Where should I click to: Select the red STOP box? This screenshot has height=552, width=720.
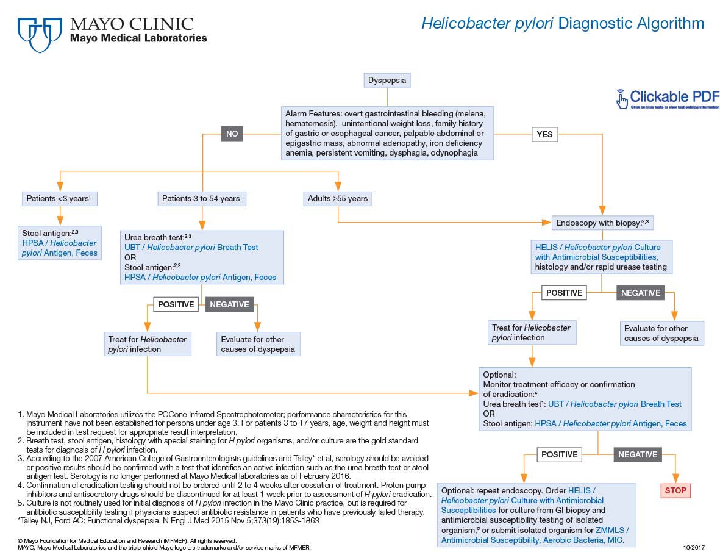[x=675, y=490]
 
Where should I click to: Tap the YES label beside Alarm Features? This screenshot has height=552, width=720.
[x=544, y=134]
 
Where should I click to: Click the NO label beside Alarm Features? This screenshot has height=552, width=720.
[x=232, y=134]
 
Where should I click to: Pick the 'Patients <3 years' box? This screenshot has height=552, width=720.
[x=59, y=198]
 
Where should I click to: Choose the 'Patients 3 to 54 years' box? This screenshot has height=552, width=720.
[x=201, y=198]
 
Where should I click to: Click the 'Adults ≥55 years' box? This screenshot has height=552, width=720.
[x=337, y=198]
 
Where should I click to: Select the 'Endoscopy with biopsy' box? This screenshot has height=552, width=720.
[x=602, y=223]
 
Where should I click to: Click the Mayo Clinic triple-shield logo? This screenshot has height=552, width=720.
[x=40, y=34]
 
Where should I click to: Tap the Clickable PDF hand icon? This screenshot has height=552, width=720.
[x=621, y=99]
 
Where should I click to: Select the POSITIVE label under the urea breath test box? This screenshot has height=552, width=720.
[x=176, y=304]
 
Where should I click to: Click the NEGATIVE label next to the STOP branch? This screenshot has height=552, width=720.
[x=638, y=454]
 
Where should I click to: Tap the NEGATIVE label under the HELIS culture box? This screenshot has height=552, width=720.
[x=640, y=293]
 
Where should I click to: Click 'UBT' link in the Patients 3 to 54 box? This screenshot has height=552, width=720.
[x=132, y=247]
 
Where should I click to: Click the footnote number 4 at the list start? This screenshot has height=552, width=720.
[x=20, y=485]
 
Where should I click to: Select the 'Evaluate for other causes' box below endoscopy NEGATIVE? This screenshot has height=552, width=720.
[x=661, y=333]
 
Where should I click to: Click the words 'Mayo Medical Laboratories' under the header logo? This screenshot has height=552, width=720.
[x=138, y=38]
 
